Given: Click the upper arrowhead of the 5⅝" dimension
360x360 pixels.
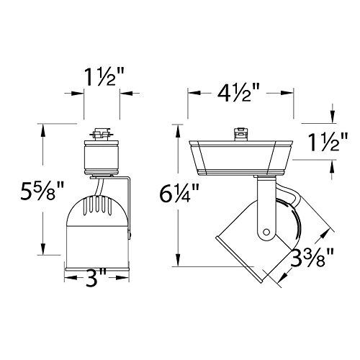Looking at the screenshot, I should (x=45, y=128).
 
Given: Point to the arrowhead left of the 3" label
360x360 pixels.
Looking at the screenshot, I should (x=69, y=276).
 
